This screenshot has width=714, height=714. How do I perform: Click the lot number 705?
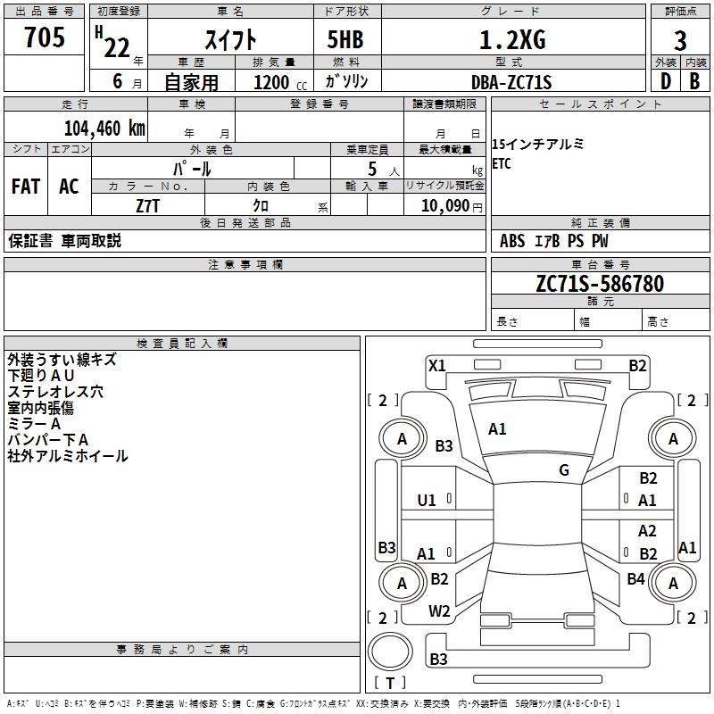click(x=45, y=37)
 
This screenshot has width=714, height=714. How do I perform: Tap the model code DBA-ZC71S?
click(x=511, y=82)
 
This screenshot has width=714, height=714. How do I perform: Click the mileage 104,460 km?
click(x=104, y=128)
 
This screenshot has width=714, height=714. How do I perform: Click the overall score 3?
click(x=680, y=40)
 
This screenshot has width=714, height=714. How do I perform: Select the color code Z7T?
click(x=148, y=206)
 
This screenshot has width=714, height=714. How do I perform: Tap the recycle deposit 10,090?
click(x=444, y=206)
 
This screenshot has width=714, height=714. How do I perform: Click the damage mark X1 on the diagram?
click(x=436, y=365)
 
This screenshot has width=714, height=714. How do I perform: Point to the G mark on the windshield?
click(x=564, y=470)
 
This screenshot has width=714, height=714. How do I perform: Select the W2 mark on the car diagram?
click(x=439, y=611)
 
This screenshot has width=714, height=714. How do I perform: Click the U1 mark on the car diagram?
click(x=427, y=500)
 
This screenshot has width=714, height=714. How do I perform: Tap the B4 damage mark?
click(x=635, y=579)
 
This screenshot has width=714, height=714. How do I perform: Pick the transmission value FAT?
click(x=26, y=187)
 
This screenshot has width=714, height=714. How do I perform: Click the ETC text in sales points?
click(x=502, y=164)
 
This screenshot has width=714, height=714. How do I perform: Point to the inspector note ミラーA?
click(x=35, y=424)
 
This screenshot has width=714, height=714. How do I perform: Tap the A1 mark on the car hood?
click(x=497, y=429)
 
